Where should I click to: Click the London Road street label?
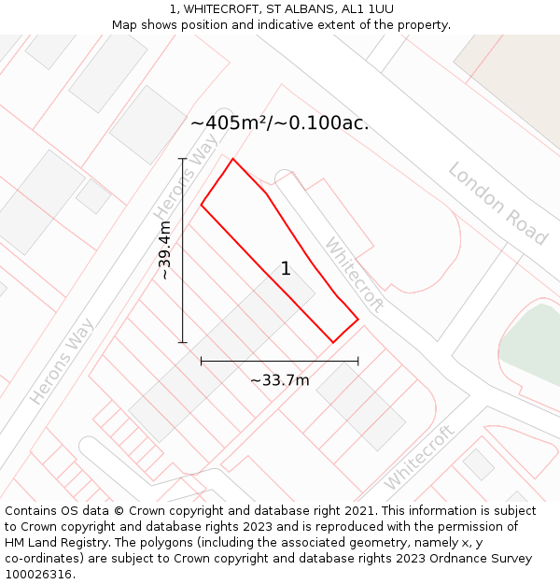point(497,204)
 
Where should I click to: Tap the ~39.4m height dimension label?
point(165,250)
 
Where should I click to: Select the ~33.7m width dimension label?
point(280,380)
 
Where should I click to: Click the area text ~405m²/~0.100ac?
point(280,123)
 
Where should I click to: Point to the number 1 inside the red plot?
point(286,269)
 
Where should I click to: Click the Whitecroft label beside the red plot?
point(354,274)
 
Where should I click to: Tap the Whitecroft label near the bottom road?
point(418,457)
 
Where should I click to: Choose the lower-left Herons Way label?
point(63,362)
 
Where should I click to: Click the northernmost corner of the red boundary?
point(232,159)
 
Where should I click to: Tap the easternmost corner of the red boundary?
point(358,320)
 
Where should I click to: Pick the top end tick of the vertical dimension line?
point(183,159)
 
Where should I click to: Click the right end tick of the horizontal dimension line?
point(358,361)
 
